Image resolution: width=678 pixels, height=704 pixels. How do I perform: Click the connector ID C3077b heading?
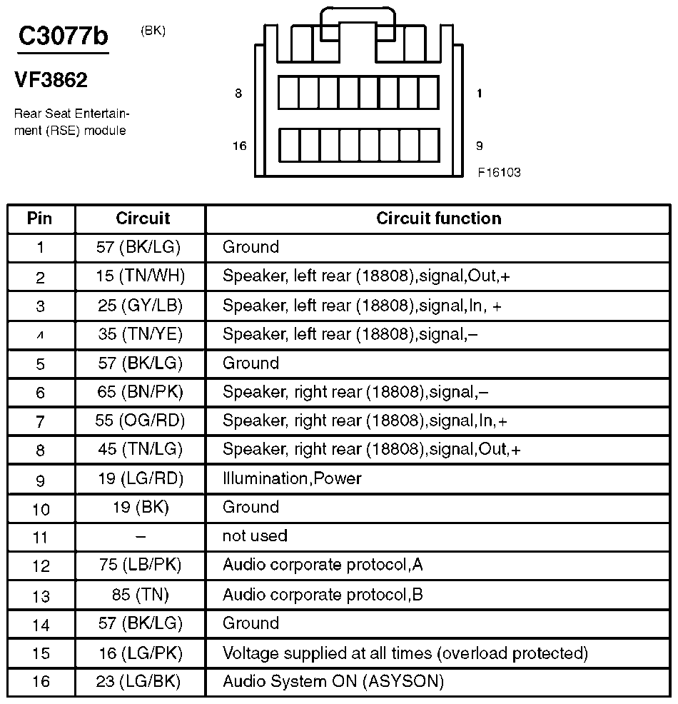click(63, 36)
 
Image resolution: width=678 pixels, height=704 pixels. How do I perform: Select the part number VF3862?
click(51, 81)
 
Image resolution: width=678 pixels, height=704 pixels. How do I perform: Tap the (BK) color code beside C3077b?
click(153, 31)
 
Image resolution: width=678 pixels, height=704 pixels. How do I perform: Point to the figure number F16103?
click(500, 172)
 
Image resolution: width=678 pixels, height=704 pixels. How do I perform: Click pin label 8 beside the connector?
click(238, 94)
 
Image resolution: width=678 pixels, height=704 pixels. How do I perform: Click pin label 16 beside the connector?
click(239, 146)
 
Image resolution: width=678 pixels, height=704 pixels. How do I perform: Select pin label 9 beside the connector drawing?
click(479, 146)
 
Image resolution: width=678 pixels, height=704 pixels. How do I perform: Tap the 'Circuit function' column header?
click(438, 218)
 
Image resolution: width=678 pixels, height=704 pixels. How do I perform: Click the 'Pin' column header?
click(40, 218)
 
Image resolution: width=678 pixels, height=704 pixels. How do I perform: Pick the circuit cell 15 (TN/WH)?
click(140, 276)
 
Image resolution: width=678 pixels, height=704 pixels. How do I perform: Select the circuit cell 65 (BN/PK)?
click(140, 392)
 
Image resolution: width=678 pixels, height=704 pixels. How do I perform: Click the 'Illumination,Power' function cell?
click(292, 478)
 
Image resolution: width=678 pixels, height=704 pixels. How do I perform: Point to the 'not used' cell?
click(255, 536)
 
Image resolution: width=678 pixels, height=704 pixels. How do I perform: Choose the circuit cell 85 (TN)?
click(140, 594)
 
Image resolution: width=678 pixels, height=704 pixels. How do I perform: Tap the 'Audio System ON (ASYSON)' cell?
click(333, 681)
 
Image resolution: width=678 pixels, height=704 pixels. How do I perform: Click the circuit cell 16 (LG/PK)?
click(140, 653)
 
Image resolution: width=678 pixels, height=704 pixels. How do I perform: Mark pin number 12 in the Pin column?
click(41, 566)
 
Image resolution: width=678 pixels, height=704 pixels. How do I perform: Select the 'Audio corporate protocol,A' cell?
click(323, 565)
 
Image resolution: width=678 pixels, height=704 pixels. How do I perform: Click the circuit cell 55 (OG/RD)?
click(140, 421)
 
